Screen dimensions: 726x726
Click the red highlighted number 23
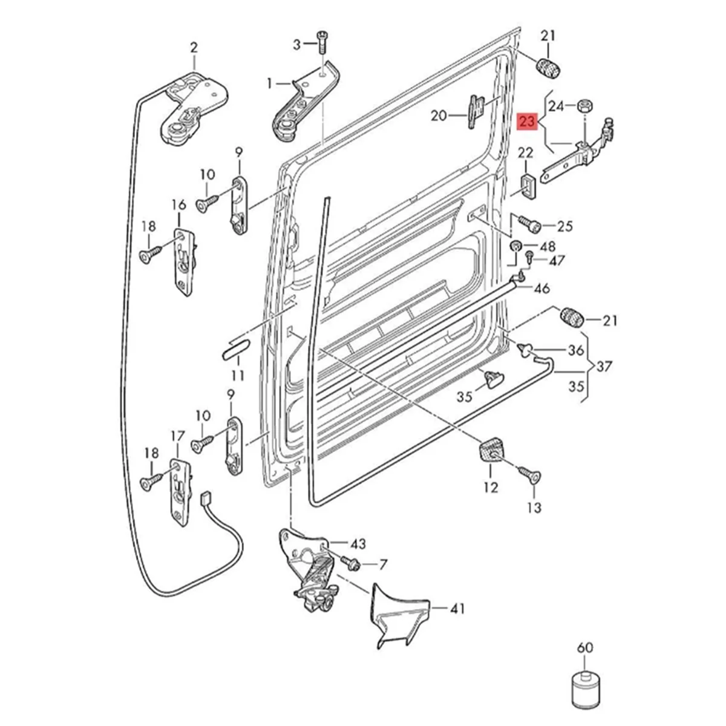pos(528,122)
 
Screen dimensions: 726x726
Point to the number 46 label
pos(541,288)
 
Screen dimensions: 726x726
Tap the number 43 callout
pos(358,544)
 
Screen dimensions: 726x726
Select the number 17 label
pos(177,435)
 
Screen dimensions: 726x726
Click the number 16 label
pos(179,204)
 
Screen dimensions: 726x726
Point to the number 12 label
pos(491,486)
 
